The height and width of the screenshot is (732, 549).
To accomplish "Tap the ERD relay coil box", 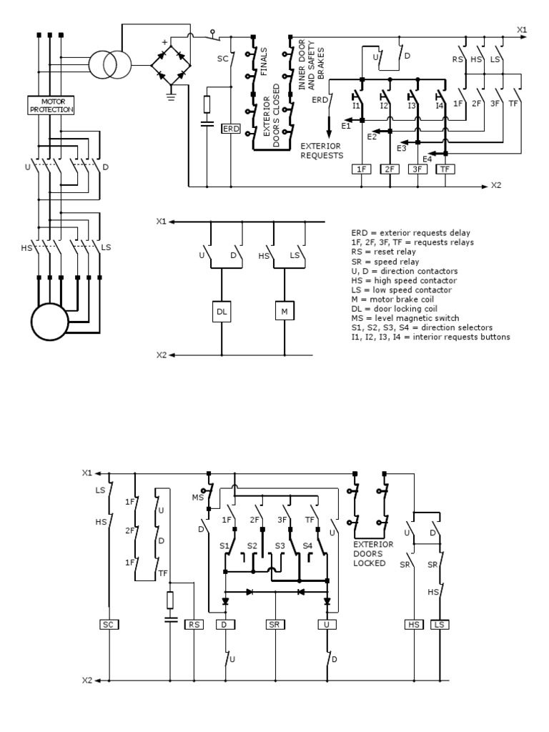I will (x=231, y=129).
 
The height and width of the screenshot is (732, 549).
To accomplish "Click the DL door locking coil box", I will (x=222, y=311).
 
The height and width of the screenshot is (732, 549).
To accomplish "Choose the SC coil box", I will (x=108, y=624).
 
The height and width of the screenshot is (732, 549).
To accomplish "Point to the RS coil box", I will (x=194, y=624).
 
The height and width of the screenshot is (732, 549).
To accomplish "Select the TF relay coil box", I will (x=445, y=169).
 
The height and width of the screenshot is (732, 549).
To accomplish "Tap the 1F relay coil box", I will (x=362, y=169).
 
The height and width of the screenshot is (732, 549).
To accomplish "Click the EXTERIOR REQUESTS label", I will (x=322, y=150).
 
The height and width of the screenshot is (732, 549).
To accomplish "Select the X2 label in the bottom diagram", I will (x=87, y=681).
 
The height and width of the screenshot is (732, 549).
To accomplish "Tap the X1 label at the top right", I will (x=521, y=29).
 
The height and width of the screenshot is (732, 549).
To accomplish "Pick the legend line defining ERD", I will (x=415, y=232).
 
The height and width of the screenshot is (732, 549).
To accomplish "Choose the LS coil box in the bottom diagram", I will (x=440, y=624).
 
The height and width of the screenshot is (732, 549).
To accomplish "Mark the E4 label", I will (x=427, y=158).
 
